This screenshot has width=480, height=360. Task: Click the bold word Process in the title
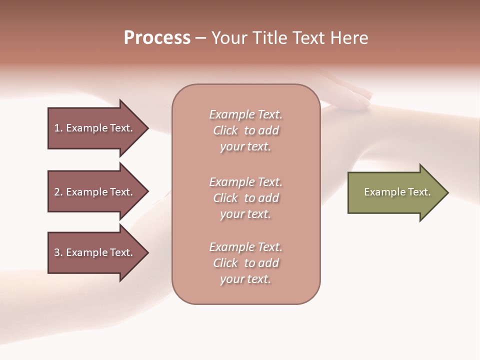157,38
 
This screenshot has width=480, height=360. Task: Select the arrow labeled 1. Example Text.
95,128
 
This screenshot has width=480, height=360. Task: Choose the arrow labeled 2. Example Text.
95,192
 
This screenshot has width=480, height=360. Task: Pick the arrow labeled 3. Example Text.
95,252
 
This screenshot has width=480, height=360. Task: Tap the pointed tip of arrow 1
147,128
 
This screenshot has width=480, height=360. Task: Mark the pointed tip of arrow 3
147,252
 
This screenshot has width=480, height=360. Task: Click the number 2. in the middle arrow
58,192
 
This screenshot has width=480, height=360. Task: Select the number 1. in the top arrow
58,128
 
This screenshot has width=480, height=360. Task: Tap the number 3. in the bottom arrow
58,252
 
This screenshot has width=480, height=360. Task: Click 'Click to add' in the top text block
245,130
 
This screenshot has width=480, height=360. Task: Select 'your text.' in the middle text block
245,214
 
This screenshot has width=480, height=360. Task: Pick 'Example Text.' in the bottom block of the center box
245,247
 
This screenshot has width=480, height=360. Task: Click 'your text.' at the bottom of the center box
245,279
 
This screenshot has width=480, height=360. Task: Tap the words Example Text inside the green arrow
397,192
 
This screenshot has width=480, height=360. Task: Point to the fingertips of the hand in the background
367,94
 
